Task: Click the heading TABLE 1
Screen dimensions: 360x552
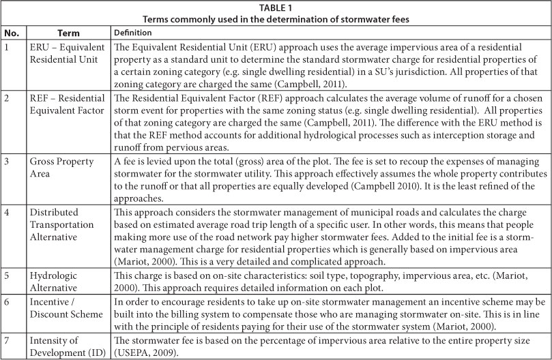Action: pos(276,7)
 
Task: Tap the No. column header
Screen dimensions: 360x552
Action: pos(12,32)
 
